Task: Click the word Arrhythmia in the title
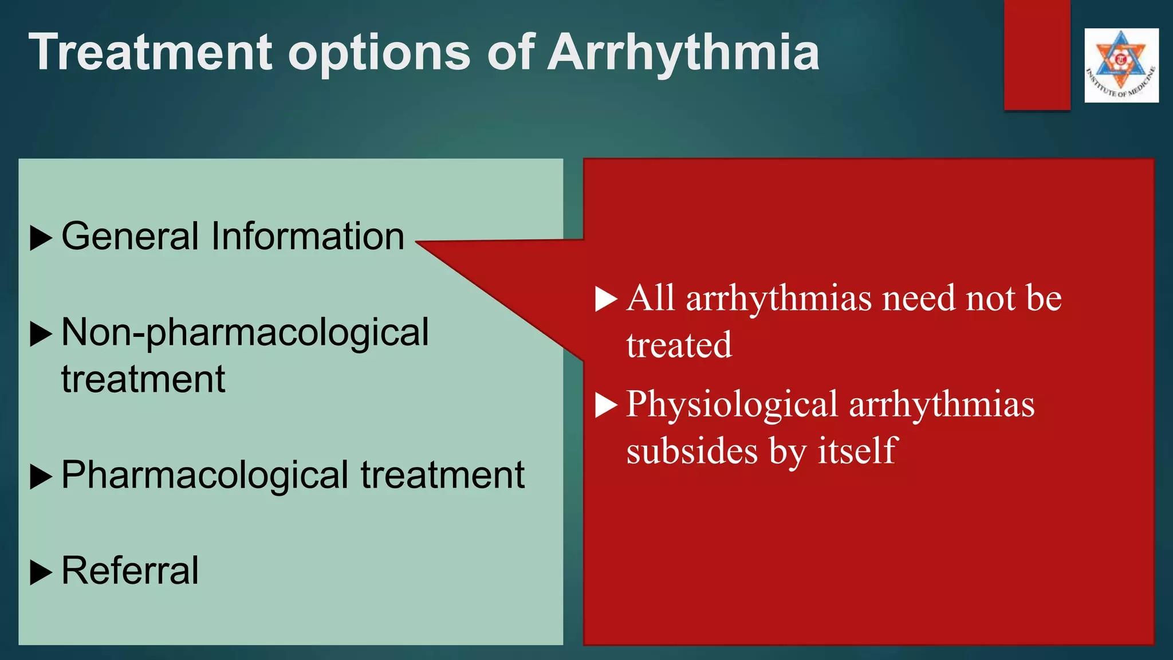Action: (x=683, y=53)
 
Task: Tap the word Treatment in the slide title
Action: (x=151, y=52)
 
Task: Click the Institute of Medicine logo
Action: (x=1121, y=65)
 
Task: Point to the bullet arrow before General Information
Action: (x=41, y=237)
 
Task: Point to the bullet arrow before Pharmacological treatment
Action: (x=41, y=476)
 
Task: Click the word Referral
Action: (x=130, y=571)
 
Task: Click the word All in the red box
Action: (x=650, y=298)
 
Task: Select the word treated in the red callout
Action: (x=679, y=345)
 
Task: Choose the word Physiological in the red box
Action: (x=732, y=404)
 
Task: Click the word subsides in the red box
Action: (x=692, y=451)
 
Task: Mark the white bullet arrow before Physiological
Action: (x=606, y=405)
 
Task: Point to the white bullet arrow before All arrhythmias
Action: (x=606, y=298)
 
